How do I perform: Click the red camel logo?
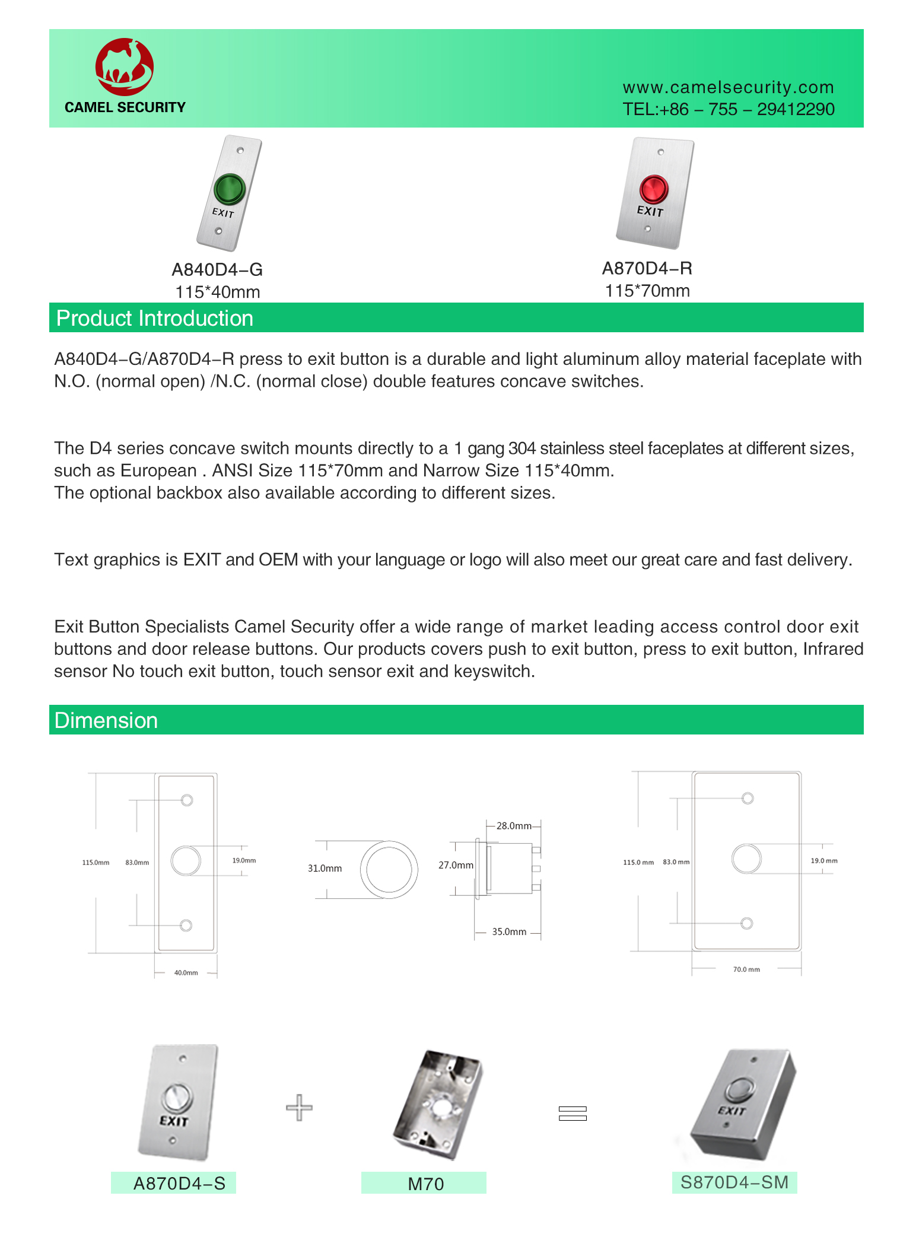coord(125,67)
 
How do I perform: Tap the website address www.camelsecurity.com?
coord(728,87)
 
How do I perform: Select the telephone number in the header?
coord(728,109)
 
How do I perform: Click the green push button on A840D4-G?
coord(229,188)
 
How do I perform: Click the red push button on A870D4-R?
coord(654,189)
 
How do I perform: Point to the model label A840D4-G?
coord(217,270)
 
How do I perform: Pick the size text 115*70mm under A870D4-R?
coord(647,291)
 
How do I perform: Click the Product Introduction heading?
coord(155,319)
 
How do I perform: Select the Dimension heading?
coord(106,720)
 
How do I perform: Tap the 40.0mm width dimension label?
coord(186,972)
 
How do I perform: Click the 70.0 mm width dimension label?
coord(746,969)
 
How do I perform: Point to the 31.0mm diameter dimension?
coord(325,868)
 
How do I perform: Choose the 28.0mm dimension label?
coord(513,826)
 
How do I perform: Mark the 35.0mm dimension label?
coord(509,931)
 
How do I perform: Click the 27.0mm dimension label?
coord(456,865)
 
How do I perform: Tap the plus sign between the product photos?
coord(299,1107)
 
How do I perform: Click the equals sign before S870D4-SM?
coord(573,1113)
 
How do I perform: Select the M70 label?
coord(425,1184)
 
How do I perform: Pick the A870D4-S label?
coord(179,1184)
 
